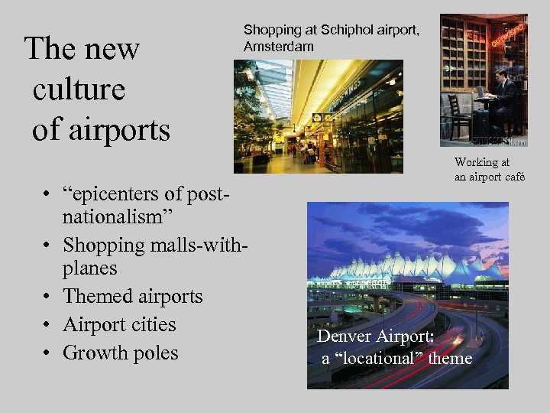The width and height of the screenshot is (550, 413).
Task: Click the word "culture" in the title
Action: coord(79,89)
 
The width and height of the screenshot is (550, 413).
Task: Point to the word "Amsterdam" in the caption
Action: coord(278,47)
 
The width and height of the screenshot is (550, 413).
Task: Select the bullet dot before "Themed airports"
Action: coord(47,297)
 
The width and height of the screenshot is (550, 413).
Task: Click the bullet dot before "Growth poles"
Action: coord(47,353)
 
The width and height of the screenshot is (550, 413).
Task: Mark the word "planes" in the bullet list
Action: coord(90,268)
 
